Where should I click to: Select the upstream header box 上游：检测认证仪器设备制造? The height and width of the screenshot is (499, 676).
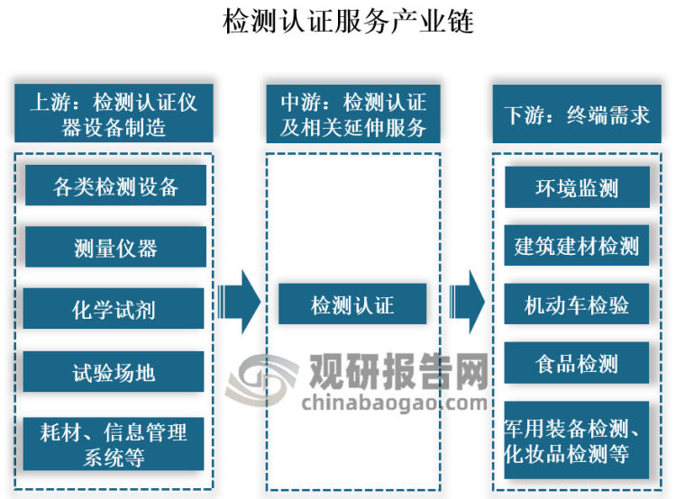(114, 113)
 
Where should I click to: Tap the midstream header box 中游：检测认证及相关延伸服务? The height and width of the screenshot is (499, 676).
(353, 113)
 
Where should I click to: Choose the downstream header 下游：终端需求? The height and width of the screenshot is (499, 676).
(576, 113)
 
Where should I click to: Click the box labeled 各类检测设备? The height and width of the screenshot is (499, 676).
(115, 186)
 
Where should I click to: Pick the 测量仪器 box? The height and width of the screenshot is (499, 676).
(115, 248)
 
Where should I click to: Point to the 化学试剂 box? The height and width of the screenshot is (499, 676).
(115, 309)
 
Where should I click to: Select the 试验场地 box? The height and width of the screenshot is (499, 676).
(115, 370)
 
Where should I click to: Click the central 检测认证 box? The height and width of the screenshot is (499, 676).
(352, 304)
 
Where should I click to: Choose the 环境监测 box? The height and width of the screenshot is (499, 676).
(576, 187)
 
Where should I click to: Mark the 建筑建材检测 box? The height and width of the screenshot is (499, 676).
(576, 246)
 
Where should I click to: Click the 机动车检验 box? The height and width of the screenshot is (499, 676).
(576, 304)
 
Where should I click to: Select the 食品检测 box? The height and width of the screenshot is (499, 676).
(576, 363)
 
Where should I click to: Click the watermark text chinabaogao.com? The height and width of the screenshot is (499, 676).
(397, 401)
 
